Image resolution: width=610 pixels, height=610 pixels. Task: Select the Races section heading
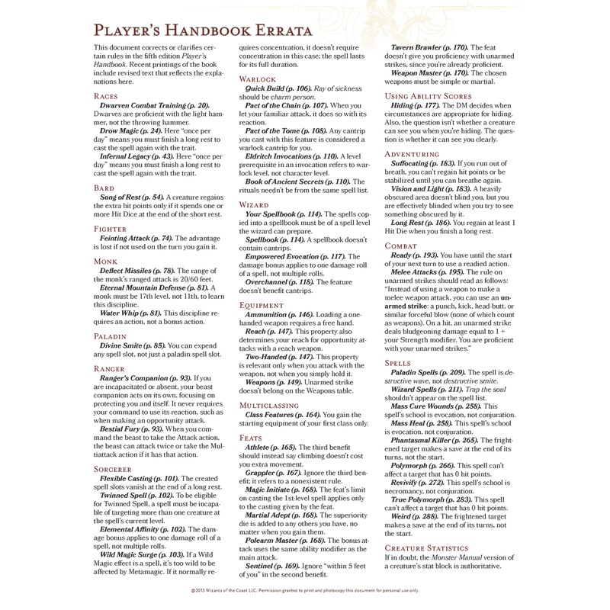point(107,97)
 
